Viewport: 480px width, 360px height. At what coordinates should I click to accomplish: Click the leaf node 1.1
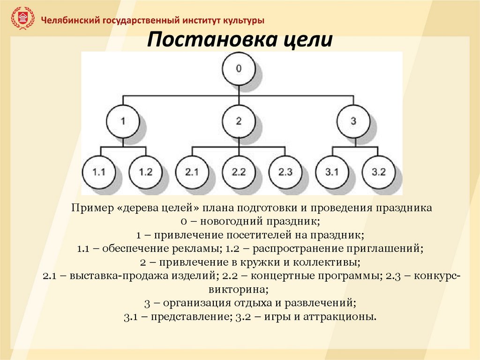click(99, 172)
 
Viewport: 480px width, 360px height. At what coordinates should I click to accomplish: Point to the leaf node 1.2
click(146, 172)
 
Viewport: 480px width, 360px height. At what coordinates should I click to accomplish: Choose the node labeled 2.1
click(192, 172)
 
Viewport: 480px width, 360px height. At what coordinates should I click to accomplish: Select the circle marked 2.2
click(239, 172)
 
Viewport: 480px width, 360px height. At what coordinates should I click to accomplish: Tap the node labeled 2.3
click(285, 172)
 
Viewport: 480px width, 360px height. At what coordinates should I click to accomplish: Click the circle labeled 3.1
click(331, 172)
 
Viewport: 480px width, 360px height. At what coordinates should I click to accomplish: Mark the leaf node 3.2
click(378, 172)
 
